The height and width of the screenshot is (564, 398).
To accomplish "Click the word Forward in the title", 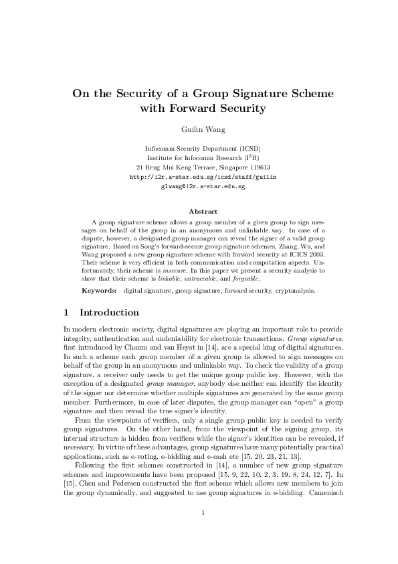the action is click(x=203, y=108).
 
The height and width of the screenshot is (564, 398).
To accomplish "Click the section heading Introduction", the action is click(x=109, y=313).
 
